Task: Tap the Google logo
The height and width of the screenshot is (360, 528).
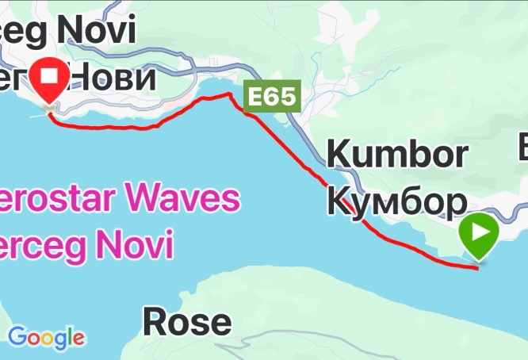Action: (x=46, y=338)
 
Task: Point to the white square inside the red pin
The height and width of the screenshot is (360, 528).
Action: (x=52, y=75)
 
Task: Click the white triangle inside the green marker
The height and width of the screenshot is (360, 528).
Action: (x=480, y=232)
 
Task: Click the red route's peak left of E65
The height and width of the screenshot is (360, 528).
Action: (x=231, y=94)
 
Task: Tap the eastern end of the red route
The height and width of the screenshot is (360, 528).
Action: (x=477, y=268)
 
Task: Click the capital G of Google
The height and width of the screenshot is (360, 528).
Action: (x=17, y=337)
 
